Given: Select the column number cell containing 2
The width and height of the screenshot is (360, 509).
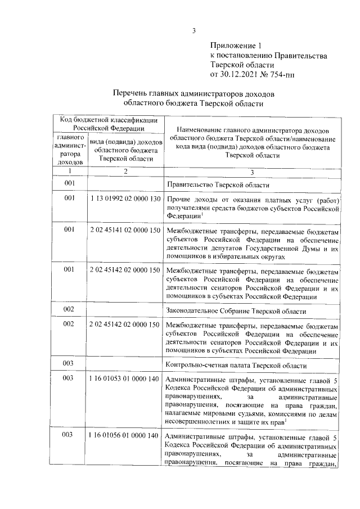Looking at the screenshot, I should tap(125, 171).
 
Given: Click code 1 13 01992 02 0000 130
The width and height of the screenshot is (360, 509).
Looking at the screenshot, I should tap(125, 199).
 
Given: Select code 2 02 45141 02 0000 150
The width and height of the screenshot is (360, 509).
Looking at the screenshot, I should tap(125, 231).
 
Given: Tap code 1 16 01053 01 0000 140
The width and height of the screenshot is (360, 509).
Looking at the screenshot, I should tap(125, 379).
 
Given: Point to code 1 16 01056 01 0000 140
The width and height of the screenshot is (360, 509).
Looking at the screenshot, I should tap(125, 438).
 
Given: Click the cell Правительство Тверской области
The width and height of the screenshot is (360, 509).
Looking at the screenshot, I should tap(218, 184).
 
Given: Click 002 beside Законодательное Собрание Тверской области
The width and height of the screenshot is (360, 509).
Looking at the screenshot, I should tap(69, 310).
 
